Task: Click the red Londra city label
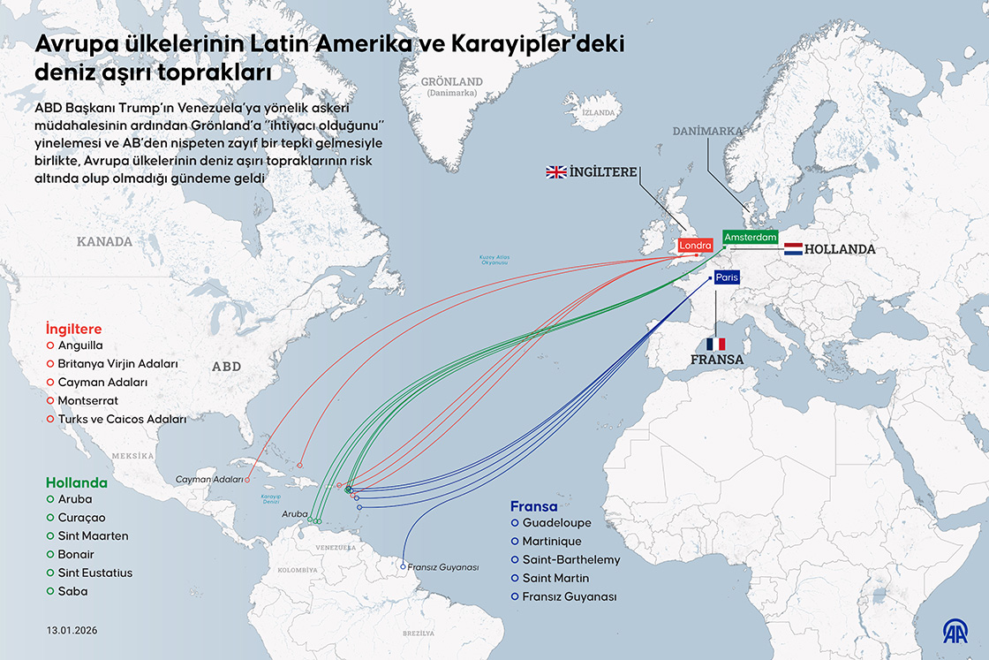pos(695,246)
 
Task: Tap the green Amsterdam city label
pos(751,238)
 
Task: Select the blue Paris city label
pos(727,277)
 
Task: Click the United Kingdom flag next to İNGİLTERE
pos(556,172)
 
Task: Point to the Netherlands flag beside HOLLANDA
pos(792,249)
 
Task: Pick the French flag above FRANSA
pos(715,344)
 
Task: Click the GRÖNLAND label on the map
pos(451,81)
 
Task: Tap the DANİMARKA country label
pos(707,131)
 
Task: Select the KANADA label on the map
pos(104,241)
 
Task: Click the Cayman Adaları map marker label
pos(209,479)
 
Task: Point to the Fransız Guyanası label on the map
pos(442,566)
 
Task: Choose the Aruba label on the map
pos(294,513)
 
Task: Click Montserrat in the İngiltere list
pos(87,400)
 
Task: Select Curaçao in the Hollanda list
pos(81,517)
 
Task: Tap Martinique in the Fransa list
pos(552,541)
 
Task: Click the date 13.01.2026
pos(72,632)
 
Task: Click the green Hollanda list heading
pos(76,483)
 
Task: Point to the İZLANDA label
pos(598,113)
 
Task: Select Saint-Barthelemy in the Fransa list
pos(570,559)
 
